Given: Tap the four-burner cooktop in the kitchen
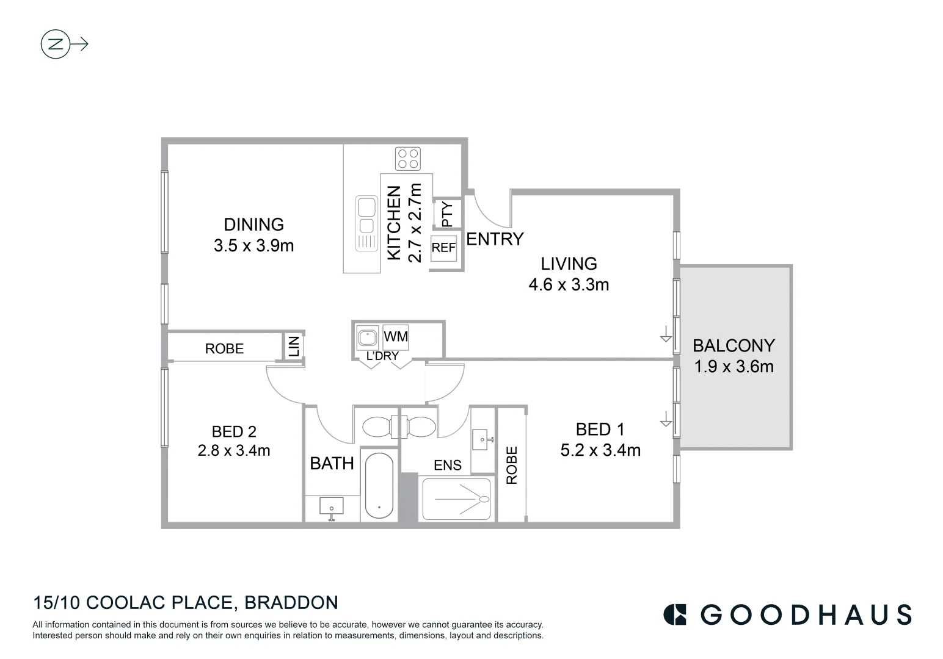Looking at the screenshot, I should [407, 159].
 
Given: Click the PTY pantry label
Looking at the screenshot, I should [447, 214].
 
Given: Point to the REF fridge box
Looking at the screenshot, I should [443, 248].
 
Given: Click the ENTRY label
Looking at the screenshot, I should [495, 239].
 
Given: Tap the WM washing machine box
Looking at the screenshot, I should [395, 337].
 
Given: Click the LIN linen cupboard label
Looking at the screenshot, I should [294, 346].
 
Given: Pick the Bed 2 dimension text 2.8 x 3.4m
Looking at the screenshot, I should [234, 451].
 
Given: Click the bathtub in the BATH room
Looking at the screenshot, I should [379, 486].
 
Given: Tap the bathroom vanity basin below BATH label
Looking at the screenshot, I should [332, 506].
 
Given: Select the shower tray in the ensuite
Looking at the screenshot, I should [456, 499].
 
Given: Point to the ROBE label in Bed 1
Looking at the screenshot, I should [512, 465].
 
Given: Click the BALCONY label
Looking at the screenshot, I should [734, 346].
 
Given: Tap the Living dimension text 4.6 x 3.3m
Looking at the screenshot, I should [569, 285].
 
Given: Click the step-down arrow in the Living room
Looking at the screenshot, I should [665, 334].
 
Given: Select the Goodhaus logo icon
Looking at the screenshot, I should [675, 614].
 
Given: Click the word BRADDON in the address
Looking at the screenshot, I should [291, 603].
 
